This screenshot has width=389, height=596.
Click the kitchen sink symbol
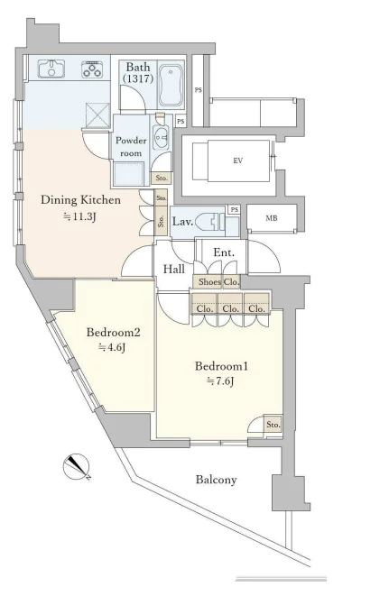[x=51, y=69]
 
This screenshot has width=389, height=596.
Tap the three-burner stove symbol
[x=92, y=69]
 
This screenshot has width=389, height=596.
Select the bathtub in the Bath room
[x=171, y=85]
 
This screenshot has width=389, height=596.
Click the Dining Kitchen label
[x=80, y=200]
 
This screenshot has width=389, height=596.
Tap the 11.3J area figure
[x=79, y=217]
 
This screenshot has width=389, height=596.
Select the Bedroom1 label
[x=221, y=366]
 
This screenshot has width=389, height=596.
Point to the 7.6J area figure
[x=220, y=381]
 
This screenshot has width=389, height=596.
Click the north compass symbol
[x=76, y=466]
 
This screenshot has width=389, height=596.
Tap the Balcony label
[x=217, y=480]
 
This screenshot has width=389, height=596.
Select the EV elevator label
[x=238, y=160]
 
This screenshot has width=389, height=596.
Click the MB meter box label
[x=272, y=218]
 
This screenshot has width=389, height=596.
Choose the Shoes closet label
[x=209, y=281]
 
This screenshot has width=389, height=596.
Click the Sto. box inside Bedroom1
[x=273, y=425]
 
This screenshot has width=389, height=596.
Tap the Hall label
[x=174, y=270]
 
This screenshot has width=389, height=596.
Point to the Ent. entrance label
[x=224, y=252]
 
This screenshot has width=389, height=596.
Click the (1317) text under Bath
[x=138, y=78]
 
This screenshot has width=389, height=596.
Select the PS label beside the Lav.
[x=235, y=210]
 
